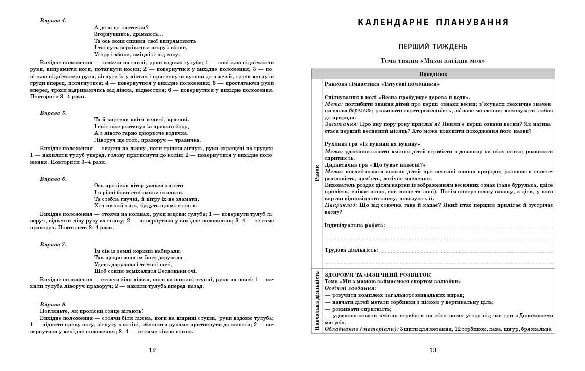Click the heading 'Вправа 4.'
click(53, 20)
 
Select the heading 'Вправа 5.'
click(53, 113)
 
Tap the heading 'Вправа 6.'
click(53, 179)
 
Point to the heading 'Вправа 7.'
click(53, 244)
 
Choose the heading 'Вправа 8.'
click(53, 304)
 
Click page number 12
click(153, 350)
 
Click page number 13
click(433, 350)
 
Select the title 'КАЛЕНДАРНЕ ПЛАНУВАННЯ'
click(433, 22)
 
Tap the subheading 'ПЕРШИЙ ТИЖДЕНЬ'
click(433, 47)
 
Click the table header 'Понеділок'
click(433, 73)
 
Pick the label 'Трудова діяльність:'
click(351, 250)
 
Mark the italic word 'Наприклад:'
click(342, 205)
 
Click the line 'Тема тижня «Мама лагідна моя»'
click(433, 61)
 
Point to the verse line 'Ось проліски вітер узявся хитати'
click(139, 185)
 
